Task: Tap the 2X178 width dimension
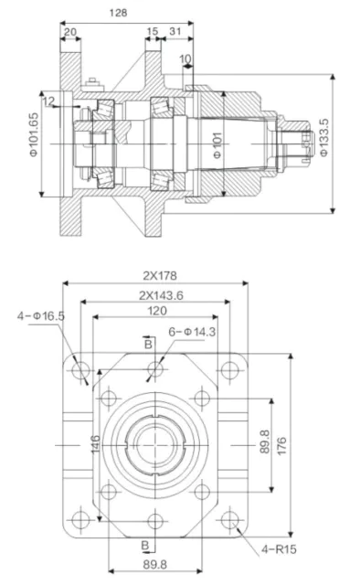(x=157, y=275)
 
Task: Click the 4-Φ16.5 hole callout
(x=40, y=315)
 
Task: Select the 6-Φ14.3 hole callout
(x=190, y=333)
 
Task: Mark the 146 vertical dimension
(x=95, y=445)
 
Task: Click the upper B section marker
(x=146, y=342)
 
